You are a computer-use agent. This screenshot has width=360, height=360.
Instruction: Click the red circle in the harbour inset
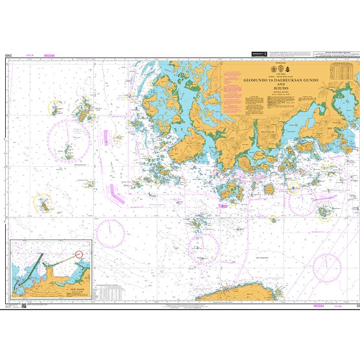[80, 254]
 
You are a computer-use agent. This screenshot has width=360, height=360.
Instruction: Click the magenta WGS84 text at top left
[49, 56]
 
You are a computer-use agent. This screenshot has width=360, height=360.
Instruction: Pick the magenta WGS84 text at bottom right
[320, 305]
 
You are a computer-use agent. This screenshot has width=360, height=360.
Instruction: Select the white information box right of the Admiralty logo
[288, 56]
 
